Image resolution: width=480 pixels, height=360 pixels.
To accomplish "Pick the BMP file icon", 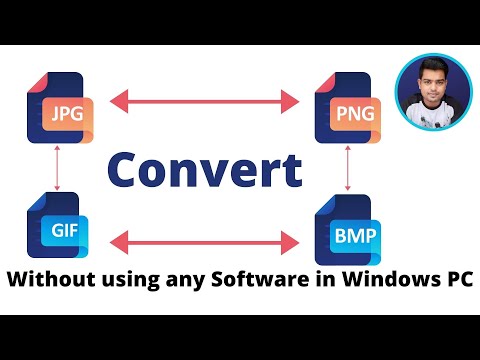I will coord(346,231).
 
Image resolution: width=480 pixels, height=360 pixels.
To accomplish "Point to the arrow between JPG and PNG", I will coord(205,100).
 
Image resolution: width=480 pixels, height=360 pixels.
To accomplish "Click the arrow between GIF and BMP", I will coord(205,240).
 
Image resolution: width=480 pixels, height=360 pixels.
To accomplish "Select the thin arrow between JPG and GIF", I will coord(59,167).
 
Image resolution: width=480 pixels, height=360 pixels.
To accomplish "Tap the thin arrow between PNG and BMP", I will coord(347,169).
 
